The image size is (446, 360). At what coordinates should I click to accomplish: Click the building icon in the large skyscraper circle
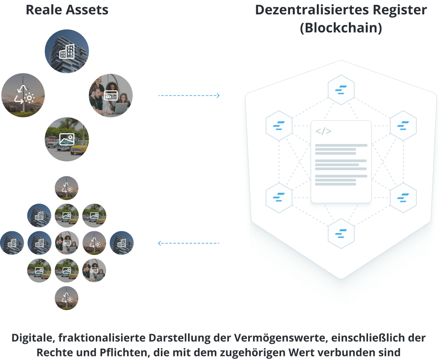(x=67, y=52)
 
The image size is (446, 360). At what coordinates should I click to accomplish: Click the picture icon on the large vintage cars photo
(x=66, y=139)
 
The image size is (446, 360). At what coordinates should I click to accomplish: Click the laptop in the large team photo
(x=119, y=108)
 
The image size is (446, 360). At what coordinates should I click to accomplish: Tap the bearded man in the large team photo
(x=97, y=96)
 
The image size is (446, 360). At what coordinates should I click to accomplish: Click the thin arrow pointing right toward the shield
(x=192, y=95)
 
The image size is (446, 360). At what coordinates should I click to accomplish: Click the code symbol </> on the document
(x=323, y=131)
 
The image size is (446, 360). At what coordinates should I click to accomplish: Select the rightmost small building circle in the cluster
(x=121, y=243)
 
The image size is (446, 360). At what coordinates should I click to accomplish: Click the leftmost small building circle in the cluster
(x=12, y=243)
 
